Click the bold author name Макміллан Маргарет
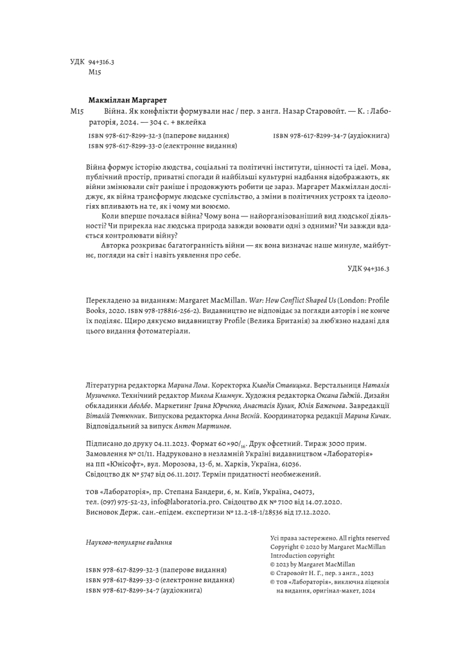pyautogui.click(x=128, y=100)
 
